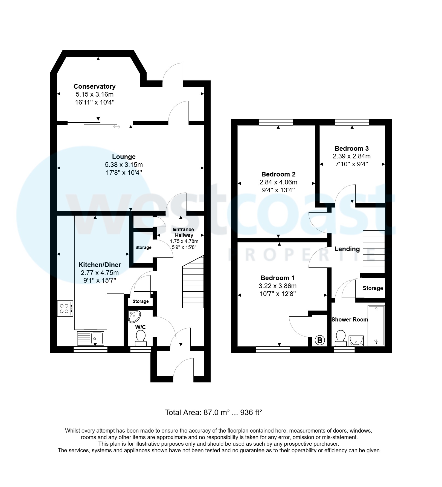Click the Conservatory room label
pos(94,86)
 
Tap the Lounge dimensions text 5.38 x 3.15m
pos(124,165)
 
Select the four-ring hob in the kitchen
pos(65,309)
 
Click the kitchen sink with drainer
pos(91,338)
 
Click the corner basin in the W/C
pos(134,317)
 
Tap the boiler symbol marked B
pos(319,340)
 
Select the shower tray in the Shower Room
pos(376,326)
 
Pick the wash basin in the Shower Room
pos(356,341)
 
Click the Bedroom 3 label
pos(351,149)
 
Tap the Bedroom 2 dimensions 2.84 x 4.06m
pos(278,182)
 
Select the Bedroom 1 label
pos(277,278)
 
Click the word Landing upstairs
pos(347,249)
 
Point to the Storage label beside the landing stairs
pos(373,288)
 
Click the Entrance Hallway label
pos(184,232)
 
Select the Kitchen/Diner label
pos(100,265)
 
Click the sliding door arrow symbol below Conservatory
pos(117,127)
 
